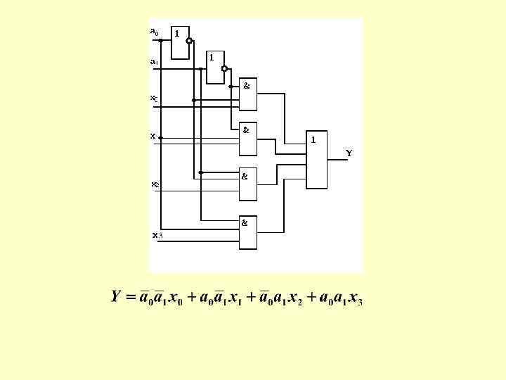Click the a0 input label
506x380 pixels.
tap(155, 32)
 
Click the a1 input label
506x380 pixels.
tap(154, 61)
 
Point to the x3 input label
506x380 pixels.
tap(157, 235)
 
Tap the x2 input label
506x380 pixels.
tap(155, 185)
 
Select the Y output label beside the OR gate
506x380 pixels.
tap(349, 153)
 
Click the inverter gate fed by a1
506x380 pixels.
tap(214, 67)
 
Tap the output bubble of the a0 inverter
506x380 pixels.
tap(189, 41)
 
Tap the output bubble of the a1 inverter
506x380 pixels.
tap(223, 68)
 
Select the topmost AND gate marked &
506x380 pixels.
tap(248, 94)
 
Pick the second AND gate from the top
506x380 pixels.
tap(248, 139)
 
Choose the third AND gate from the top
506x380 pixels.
tap(248, 184)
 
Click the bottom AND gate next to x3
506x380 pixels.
tap(248, 232)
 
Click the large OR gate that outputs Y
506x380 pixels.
tap(316, 159)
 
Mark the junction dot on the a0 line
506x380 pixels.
tap(161, 40)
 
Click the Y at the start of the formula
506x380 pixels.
tap(117, 296)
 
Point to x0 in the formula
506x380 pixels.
tap(174, 298)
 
